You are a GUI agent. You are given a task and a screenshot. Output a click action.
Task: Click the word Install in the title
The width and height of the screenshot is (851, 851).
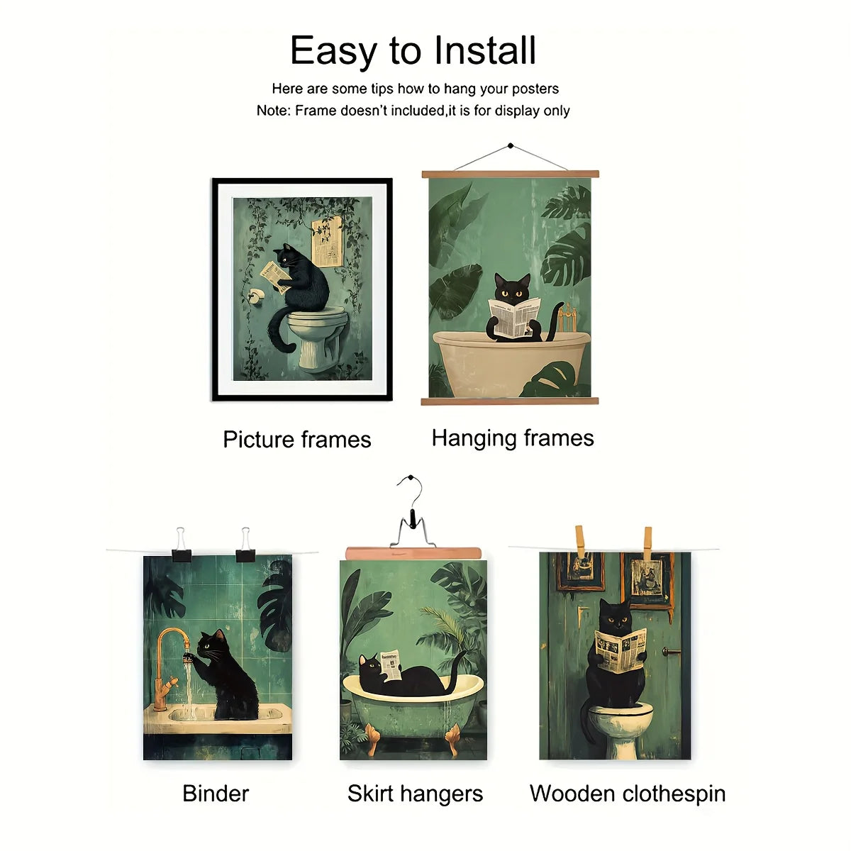pyautogui.click(x=484, y=51)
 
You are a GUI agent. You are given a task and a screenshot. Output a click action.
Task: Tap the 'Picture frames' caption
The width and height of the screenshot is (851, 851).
pyautogui.click(x=296, y=440)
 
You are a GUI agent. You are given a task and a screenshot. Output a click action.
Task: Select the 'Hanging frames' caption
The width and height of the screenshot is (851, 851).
pyautogui.click(x=512, y=438)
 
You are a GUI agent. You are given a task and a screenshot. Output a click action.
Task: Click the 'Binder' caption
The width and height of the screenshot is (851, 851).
pyautogui.click(x=216, y=793)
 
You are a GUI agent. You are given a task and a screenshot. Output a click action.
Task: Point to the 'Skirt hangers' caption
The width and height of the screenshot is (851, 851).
pyautogui.click(x=415, y=794)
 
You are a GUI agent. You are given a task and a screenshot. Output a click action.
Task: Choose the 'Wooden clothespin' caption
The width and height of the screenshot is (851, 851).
pyautogui.click(x=628, y=793)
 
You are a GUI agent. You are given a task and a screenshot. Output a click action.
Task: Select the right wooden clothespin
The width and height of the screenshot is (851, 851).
pyautogui.click(x=647, y=542)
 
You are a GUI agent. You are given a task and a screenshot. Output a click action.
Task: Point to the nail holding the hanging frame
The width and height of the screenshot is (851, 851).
pyautogui.click(x=510, y=146)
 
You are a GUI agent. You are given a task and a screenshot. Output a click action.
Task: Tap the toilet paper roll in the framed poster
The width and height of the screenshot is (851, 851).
pyautogui.click(x=255, y=295)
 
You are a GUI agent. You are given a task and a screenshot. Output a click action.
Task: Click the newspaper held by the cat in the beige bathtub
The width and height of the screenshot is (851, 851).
pyautogui.click(x=514, y=316)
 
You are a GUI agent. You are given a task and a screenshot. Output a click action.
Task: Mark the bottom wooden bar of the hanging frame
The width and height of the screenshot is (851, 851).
pyautogui.click(x=509, y=401)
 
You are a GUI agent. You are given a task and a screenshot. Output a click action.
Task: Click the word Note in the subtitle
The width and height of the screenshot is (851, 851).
pyautogui.click(x=272, y=111)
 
